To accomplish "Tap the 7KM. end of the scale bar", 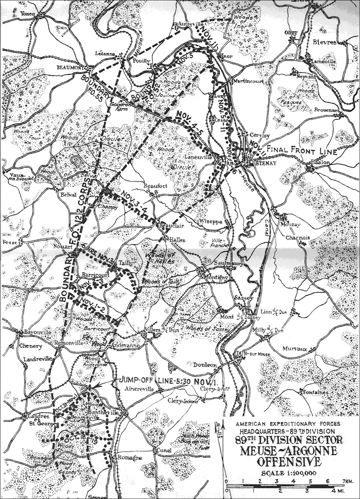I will [348, 480].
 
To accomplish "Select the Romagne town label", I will [126, 458].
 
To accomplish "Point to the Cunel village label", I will [162, 450].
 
